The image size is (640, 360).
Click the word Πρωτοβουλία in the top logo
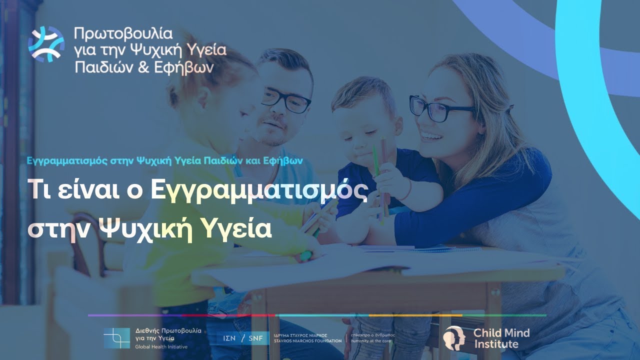point(123,34)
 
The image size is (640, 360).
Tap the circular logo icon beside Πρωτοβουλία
point(46,44)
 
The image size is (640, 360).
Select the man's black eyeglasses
point(285,100)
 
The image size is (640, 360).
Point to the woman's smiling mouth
point(431,135)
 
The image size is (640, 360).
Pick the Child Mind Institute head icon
point(453,337)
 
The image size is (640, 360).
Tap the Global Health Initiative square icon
point(116,338)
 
